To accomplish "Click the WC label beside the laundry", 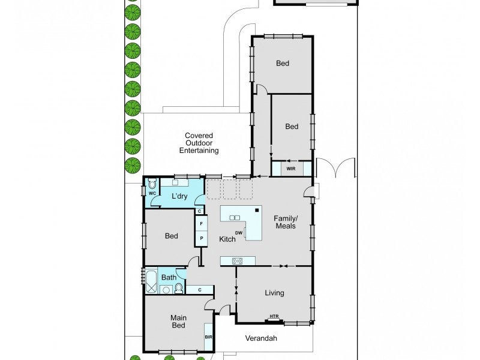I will tap(152, 194).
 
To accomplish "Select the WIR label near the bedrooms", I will tap(291, 169).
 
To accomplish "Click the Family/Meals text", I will tap(286, 221).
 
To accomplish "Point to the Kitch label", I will tap(227, 239).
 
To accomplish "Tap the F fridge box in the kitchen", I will tap(201, 223).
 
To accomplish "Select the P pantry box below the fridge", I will tap(201, 238).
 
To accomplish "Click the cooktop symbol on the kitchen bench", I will tap(237, 260).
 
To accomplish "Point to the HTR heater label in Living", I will tap(274, 316).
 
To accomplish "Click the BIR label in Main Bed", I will tap(208, 337).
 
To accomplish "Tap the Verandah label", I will tap(261, 338).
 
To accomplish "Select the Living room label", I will tap(274, 293).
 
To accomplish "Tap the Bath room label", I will tap(169, 277).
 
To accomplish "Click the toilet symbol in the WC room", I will tap(152, 184).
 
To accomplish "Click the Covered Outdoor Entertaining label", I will tap(199, 143).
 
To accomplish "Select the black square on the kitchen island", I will tap(257, 210).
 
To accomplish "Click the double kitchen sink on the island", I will tap(235, 217).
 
